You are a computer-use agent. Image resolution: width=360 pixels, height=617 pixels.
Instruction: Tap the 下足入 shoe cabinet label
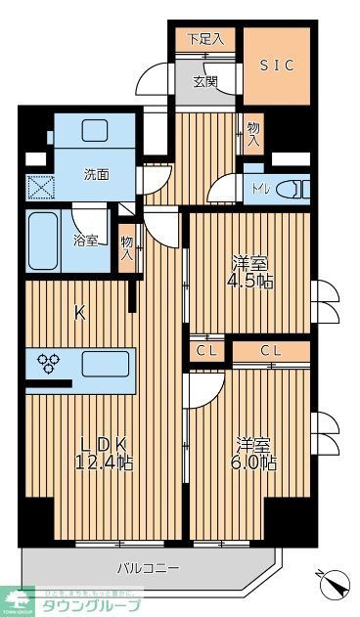(205, 39)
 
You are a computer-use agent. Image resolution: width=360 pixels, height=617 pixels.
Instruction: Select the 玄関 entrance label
(204, 81)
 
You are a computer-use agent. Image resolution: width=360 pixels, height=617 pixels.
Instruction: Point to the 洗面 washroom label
(96, 175)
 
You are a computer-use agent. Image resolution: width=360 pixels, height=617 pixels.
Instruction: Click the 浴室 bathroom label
(85, 240)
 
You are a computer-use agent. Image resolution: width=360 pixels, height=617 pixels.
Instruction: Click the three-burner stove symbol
(50, 364)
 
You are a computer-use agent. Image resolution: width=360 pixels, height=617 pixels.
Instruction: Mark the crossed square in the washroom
(39, 186)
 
